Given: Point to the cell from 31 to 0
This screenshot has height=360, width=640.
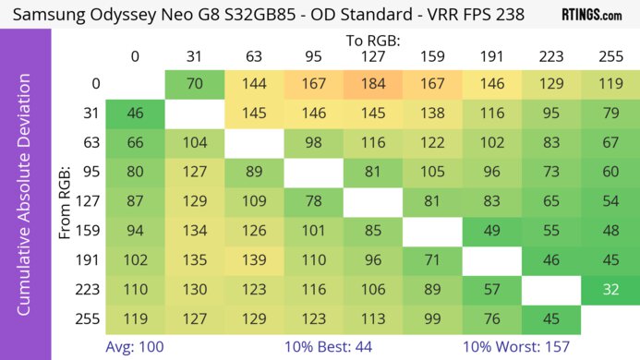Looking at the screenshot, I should tap(135, 114).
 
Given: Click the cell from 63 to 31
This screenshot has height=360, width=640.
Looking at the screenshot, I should tap(194, 143).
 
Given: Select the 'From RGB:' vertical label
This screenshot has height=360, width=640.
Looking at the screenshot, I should tap(66, 202).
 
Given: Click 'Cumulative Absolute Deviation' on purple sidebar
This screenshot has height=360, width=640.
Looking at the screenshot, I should tap(24, 202).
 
